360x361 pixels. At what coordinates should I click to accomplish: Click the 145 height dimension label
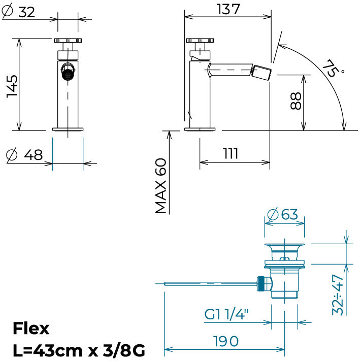tap(12, 86)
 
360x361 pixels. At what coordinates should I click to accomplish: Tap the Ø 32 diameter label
tap(18, 12)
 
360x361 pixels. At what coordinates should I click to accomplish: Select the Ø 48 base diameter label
tap(24, 154)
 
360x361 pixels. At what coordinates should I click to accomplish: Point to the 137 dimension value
tap(228, 10)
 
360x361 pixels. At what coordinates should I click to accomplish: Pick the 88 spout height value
tap(296, 101)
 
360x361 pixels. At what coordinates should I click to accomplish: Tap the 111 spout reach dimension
tap(231, 153)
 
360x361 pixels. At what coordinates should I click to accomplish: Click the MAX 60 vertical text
tap(160, 186)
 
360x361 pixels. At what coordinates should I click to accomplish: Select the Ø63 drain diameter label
tap(283, 214)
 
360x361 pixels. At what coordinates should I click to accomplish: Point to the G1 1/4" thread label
tap(226, 314)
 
